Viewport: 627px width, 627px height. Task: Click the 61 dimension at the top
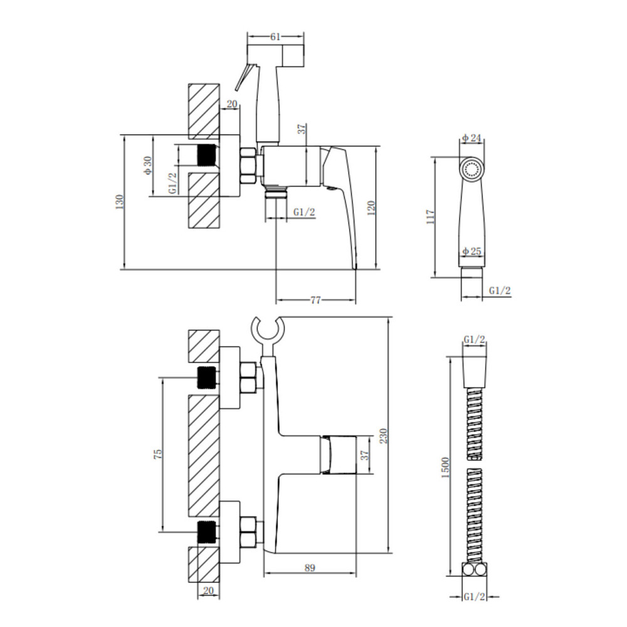[275, 37]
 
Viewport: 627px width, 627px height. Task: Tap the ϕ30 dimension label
[147, 165]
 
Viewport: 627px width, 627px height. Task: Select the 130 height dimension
[119, 202]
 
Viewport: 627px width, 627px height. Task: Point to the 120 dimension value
[371, 208]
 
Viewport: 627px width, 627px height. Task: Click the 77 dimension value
[315, 300]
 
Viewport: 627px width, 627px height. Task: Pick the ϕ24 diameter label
[472, 138]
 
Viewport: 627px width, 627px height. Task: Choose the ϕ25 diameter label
[472, 251]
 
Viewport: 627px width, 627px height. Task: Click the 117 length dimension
[431, 217]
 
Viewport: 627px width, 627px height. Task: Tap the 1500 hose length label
[446, 467]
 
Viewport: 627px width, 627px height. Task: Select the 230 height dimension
[384, 436]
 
